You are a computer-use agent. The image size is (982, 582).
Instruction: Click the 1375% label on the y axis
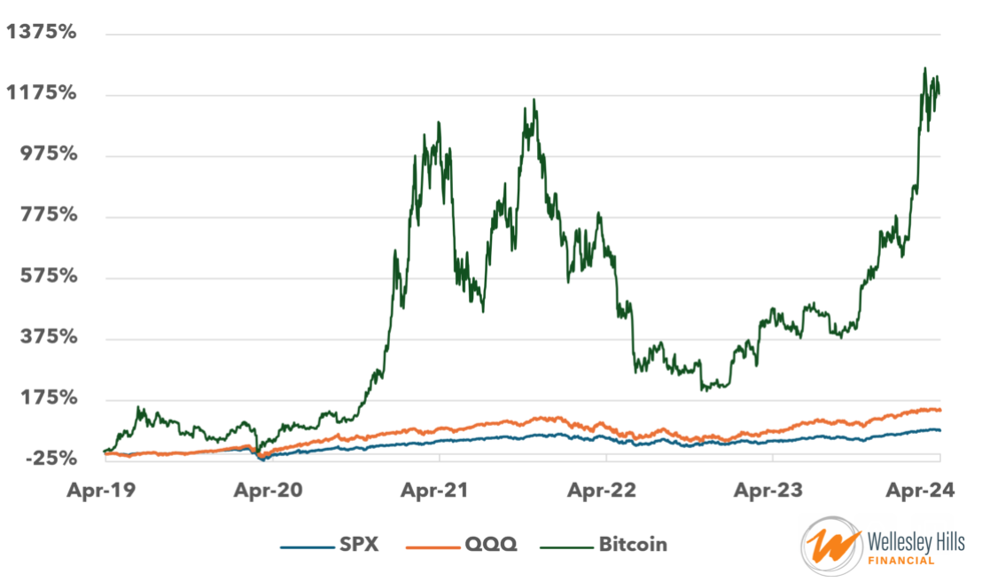pos(42,33)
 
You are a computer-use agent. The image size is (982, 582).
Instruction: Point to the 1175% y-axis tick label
pos(42,93)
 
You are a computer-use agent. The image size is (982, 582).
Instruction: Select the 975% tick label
pos(47,154)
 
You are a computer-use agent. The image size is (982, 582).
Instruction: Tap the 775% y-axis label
pos(47,216)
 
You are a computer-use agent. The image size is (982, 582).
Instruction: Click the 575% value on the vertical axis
pos(47,276)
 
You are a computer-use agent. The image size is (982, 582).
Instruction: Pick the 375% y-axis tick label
pos(47,337)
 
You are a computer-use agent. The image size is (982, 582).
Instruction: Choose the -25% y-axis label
pos(49,459)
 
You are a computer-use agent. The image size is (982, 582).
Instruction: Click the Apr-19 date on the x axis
pos(105,490)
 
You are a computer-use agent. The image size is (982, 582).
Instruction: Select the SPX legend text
pos(359,544)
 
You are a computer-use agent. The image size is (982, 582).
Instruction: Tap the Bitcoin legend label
pos(633,544)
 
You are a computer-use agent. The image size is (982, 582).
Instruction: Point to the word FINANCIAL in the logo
pos(901,561)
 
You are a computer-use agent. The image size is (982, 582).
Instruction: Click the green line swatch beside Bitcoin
pos(564,545)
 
